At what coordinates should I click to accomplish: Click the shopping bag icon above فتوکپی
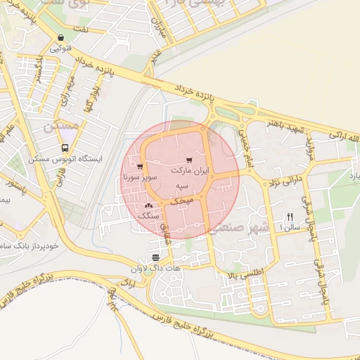coord(62,38)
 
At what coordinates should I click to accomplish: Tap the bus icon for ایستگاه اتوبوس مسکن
coord(65,148)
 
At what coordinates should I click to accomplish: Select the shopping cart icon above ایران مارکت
coord(189,160)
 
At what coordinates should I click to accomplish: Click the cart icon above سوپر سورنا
coord(141,167)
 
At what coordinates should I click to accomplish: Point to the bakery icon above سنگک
coord(148,206)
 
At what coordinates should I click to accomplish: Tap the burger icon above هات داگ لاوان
coord(155,257)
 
